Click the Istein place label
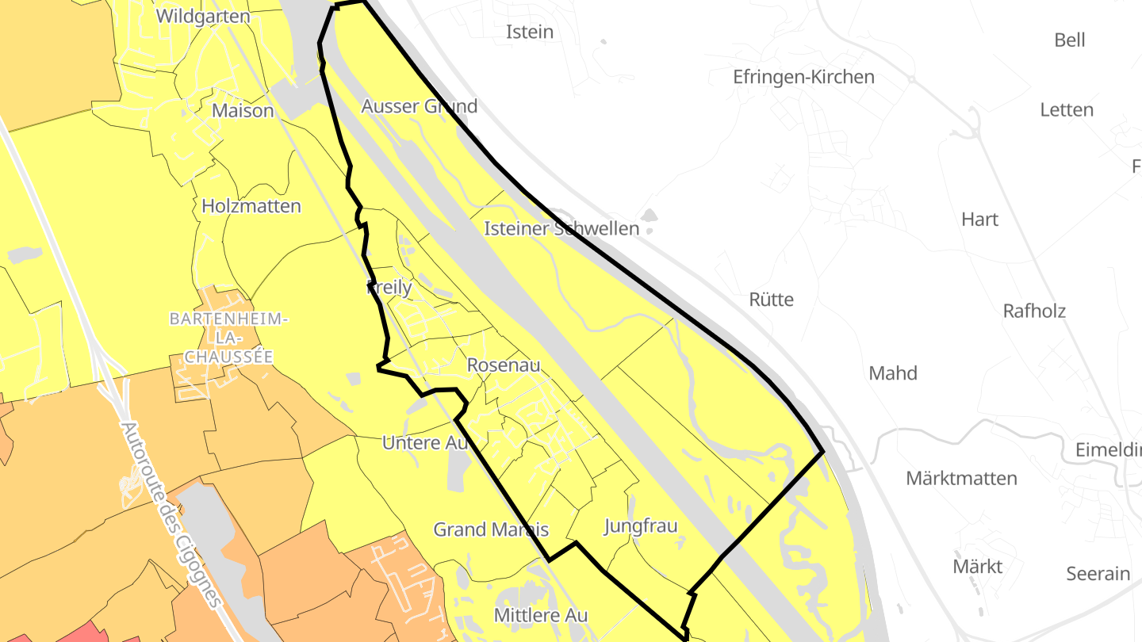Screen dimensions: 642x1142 pyautogui.click(x=530, y=32)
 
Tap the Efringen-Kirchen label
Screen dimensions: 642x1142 pyautogui.click(x=803, y=77)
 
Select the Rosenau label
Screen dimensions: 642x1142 pyautogui.click(x=504, y=365)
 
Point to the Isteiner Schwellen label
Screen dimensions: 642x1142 pyautogui.click(x=561, y=229)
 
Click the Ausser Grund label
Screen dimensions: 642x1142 pyautogui.click(x=419, y=106)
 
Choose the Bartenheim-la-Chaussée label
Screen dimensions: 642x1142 pyautogui.click(x=229, y=338)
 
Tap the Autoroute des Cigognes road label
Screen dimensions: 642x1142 pyautogui.click(x=171, y=514)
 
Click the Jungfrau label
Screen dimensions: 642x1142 pyautogui.click(x=641, y=525)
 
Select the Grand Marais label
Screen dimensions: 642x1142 pyautogui.click(x=491, y=529)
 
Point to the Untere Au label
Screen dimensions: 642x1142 pyautogui.click(x=425, y=443)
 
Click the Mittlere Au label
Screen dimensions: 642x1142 pyautogui.click(x=541, y=614)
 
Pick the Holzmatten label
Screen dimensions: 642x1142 pyautogui.click(x=251, y=206)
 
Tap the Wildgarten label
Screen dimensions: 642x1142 pyautogui.click(x=203, y=16)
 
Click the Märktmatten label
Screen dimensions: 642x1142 pyautogui.click(x=961, y=478)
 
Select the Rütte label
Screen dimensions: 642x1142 pyautogui.click(x=771, y=300)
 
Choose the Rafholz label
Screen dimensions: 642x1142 pyautogui.click(x=1034, y=311)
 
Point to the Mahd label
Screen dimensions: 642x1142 pyautogui.click(x=893, y=373)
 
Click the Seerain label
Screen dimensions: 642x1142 pyautogui.click(x=1098, y=573)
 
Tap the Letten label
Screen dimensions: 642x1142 pyautogui.click(x=1067, y=109)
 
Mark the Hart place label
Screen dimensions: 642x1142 pyautogui.click(x=979, y=219)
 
